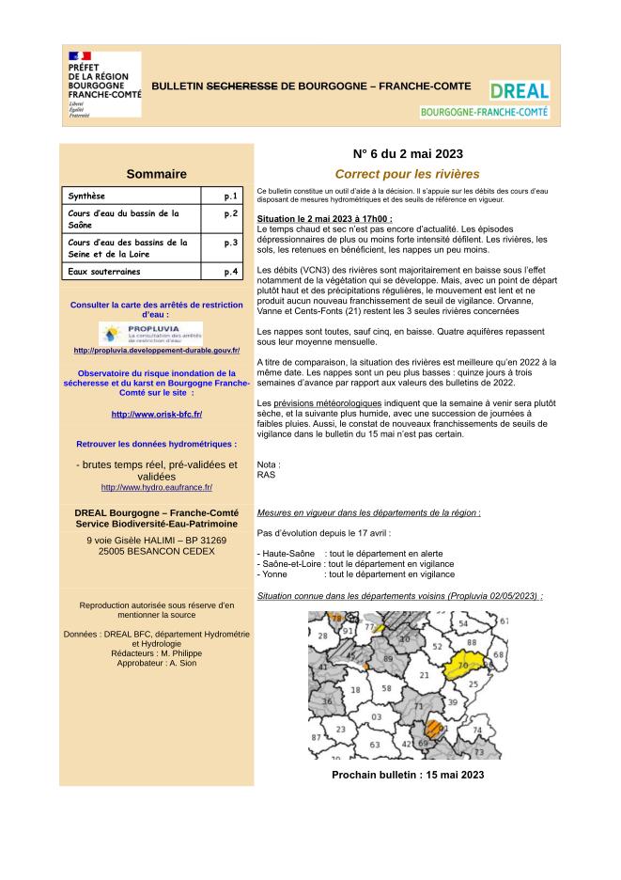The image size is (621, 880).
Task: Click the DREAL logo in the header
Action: pyautogui.click(x=520, y=91)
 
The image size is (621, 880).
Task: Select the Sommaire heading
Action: pyautogui.click(x=156, y=174)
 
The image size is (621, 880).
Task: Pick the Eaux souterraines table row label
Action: pyautogui.click(x=103, y=272)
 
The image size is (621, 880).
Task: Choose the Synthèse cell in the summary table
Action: pyautogui.click(x=87, y=196)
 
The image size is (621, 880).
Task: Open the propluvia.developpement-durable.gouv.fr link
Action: pyautogui.click(x=156, y=351)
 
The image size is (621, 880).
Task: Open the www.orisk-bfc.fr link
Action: pyautogui.click(x=156, y=415)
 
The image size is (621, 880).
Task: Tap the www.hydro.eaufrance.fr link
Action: pyautogui.click(x=156, y=487)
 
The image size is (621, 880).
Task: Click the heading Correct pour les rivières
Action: pyautogui.click(x=407, y=174)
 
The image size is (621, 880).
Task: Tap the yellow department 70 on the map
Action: pyautogui.click(x=460, y=667)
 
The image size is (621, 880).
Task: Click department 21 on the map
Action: pyautogui.click(x=424, y=675)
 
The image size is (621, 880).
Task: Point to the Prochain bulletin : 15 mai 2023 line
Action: pyautogui.click(x=408, y=775)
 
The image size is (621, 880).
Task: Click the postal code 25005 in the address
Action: pyautogui.click(x=116, y=551)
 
